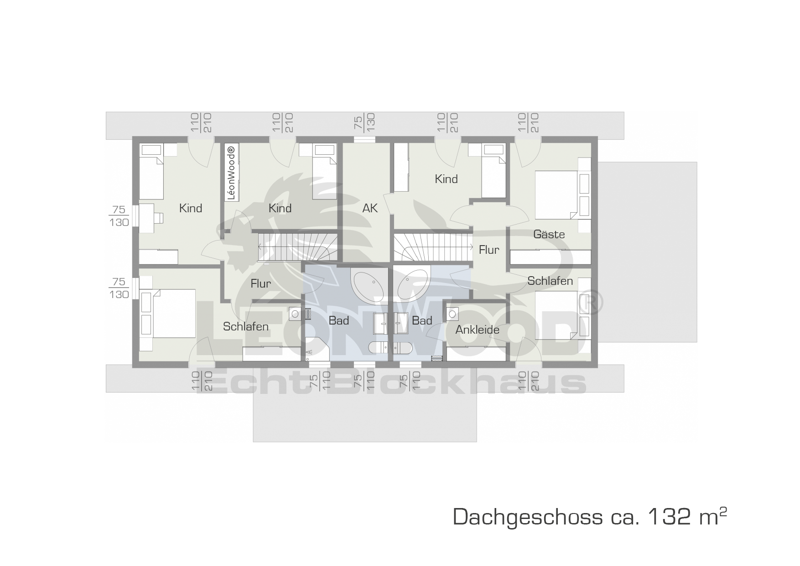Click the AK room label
coord(370,208)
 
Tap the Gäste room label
coord(549,234)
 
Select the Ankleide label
coord(477,330)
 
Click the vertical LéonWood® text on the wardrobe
coord(231,173)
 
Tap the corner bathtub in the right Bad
coord(413,285)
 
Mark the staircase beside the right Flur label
coord(433,247)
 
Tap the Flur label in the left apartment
coord(260,283)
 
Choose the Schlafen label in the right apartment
coord(550,281)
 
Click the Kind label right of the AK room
coord(446,179)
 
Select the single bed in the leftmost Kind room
coord(151,172)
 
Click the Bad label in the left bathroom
coord(338,320)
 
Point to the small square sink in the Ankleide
coord(452,314)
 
